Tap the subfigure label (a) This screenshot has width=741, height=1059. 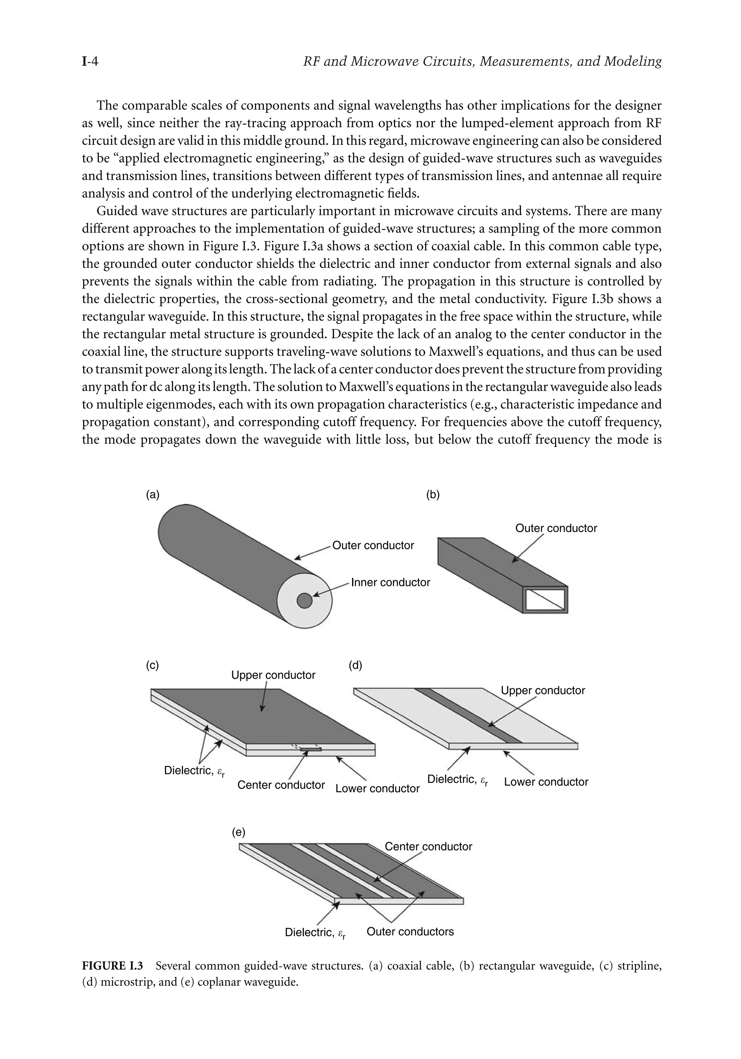(153, 495)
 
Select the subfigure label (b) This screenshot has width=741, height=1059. (432, 495)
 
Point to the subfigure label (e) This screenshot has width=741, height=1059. (238, 832)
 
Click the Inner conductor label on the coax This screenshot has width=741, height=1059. (390, 583)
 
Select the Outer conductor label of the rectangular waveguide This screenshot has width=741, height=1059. (556, 528)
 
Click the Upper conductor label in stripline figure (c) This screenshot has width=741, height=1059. (273, 675)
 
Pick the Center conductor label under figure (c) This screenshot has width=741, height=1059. (281, 785)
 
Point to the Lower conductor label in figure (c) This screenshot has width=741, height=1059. (377, 788)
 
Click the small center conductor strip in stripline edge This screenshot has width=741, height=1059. (310, 750)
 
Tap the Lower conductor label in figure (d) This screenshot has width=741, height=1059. (546, 782)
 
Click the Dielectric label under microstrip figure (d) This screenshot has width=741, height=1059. (457, 780)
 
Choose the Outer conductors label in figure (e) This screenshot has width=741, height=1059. (410, 931)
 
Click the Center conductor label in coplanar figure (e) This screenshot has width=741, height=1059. (428, 847)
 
